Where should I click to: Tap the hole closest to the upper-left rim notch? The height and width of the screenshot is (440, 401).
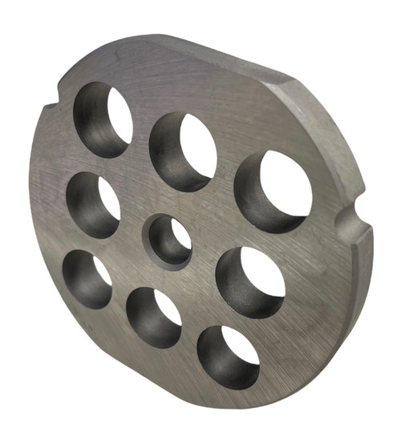point(103,121)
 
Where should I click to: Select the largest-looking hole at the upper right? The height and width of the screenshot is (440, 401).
point(274,192)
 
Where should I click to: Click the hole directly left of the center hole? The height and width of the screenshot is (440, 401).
point(94,205)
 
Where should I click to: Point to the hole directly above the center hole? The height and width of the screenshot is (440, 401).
point(184,151)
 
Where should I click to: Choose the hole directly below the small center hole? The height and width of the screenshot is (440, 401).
point(154,317)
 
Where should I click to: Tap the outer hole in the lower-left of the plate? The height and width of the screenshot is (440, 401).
point(87,279)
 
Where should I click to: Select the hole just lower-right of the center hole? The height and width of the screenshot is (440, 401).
point(250,282)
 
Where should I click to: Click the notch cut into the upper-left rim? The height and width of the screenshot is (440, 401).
point(50,102)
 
